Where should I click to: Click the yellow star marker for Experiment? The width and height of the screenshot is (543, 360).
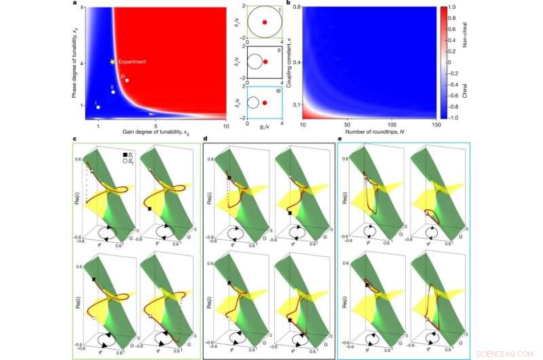pyautogui.click(x=113, y=62)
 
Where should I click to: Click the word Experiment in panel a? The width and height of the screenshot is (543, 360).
pyautogui.click(x=132, y=62)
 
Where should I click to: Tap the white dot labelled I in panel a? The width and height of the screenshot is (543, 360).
pyautogui.click(x=98, y=107)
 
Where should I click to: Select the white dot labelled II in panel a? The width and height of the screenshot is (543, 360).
pyautogui.click(x=113, y=92)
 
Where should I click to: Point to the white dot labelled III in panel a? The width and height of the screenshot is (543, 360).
pyautogui.click(x=127, y=80)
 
